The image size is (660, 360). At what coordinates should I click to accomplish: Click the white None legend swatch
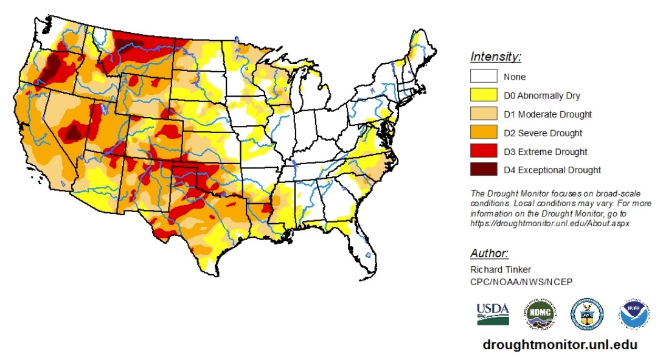coord(483,77)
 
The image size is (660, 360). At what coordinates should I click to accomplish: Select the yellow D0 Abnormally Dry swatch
coord(483,95)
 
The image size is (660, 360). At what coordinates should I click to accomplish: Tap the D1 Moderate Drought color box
coord(483,114)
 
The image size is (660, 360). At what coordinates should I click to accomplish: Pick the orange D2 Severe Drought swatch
coord(483,133)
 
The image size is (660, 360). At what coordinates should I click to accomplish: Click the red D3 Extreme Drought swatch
coord(483,151)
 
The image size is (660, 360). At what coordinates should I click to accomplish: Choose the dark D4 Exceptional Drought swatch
coord(483,170)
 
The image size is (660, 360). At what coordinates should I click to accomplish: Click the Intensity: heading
coord(495,57)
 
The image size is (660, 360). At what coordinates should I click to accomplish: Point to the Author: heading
coord(489,254)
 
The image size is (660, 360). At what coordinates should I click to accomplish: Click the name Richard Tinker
coord(500,269)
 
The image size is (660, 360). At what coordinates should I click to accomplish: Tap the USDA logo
coord(493,314)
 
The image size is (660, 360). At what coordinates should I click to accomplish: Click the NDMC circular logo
coord(541,314)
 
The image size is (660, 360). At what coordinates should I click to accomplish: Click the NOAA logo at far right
coord(634,314)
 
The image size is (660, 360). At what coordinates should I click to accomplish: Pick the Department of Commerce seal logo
coord(586,314)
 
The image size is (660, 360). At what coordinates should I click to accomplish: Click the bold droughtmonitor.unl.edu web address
coord(560,345)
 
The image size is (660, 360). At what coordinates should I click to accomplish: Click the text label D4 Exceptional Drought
coord(552,170)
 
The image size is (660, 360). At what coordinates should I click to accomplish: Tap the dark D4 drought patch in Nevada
coord(74,131)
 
